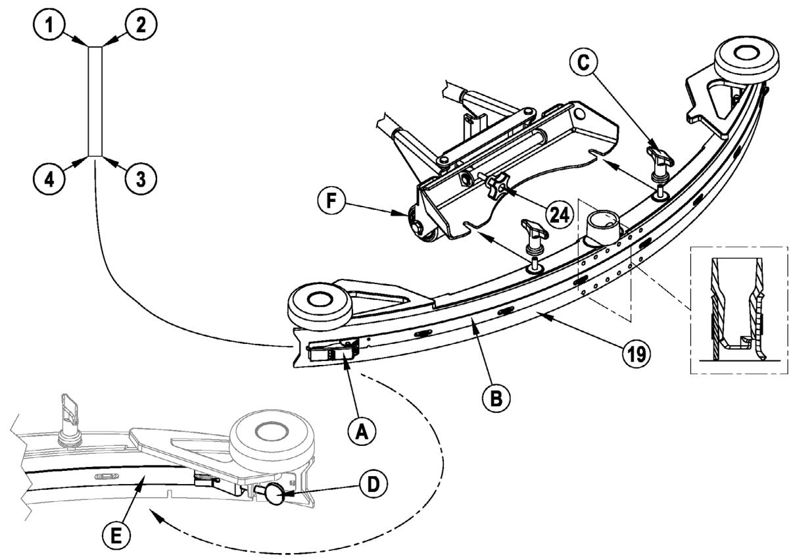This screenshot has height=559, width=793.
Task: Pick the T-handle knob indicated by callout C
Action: click(658, 158)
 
